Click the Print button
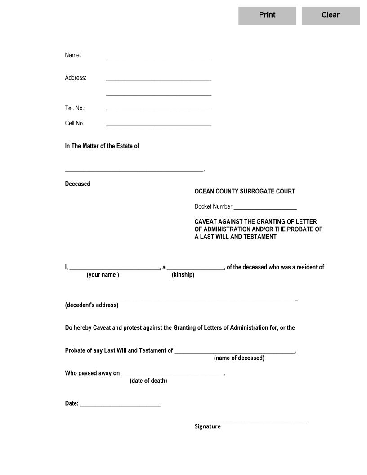[267, 15]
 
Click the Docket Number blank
[265, 206]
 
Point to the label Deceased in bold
[77, 184]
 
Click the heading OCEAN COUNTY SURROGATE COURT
[245, 192]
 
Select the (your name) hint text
[103, 275]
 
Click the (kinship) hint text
[183, 275]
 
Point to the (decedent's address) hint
[92, 305]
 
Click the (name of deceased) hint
[239, 358]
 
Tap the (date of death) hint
[148, 381]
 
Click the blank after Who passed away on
[172, 373]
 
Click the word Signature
[207, 426]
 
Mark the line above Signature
[251, 420]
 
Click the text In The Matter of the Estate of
[102, 146]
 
